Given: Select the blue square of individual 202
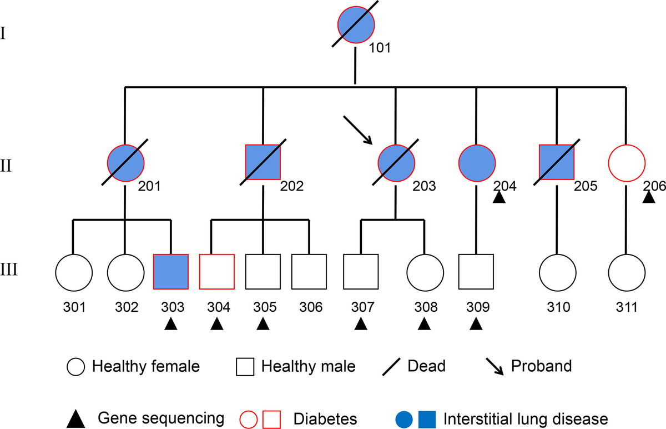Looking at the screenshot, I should (263, 163).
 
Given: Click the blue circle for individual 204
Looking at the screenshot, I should (477, 163).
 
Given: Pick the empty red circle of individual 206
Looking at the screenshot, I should (627, 163).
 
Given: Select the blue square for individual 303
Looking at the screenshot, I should (171, 272).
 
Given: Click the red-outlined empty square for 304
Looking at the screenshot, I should (217, 272).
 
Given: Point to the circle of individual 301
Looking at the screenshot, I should (74, 272).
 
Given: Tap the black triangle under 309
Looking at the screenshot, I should (475, 325).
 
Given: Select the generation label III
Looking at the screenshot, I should (11, 271).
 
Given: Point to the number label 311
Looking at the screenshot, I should (627, 306).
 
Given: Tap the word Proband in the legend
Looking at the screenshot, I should (541, 367).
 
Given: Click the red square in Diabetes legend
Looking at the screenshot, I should (271, 418).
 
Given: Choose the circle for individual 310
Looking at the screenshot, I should (557, 272).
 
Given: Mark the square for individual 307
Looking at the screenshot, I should (361, 272).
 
